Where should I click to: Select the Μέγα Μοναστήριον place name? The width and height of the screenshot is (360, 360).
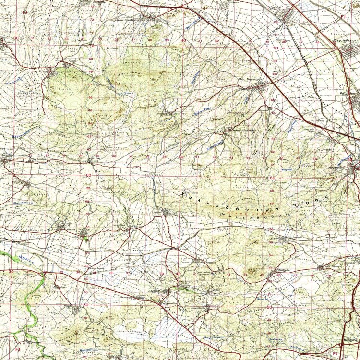pos(249,80)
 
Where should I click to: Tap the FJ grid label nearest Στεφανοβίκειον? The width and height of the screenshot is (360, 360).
pos(343,18)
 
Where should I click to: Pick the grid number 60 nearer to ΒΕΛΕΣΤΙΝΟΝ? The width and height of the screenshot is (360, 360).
pos(273,178)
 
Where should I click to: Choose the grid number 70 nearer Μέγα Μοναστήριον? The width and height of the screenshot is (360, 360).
pos(275,48)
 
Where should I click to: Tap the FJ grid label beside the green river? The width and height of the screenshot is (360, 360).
pos(19,343)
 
